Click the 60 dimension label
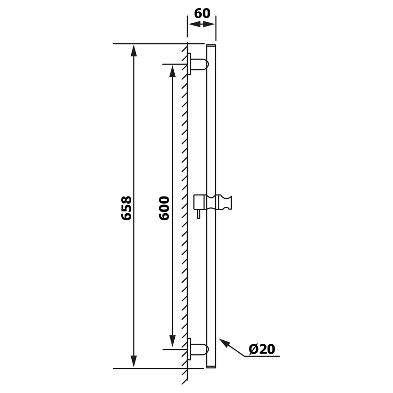click(202, 13)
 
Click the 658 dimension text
click(126, 208)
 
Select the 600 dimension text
click(164, 208)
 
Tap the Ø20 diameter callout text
click(262, 349)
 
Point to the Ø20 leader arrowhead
click(224, 343)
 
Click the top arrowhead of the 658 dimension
click(134, 52)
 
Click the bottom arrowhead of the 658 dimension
click(134, 361)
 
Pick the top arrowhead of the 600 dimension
click(172, 72)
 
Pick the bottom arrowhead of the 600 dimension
click(172, 341)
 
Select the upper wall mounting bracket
click(198, 64)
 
